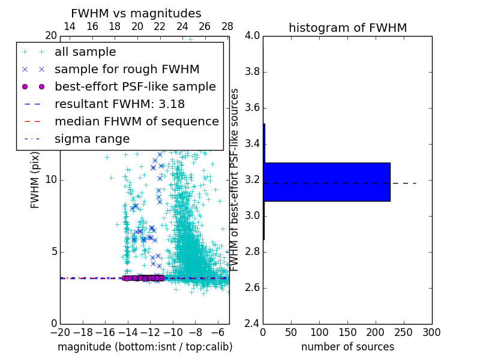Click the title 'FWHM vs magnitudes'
click(x=136, y=14)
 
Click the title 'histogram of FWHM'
click(x=347, y=28)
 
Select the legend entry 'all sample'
click(x=85, y=52)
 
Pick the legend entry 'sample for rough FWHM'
click(x=127, y=70)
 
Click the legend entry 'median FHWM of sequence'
click(x=136, y=122)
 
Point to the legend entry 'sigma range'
click(x=92, y=139)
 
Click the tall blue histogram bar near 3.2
click(x=326, y=182)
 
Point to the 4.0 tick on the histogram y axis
click(x=252, y=36)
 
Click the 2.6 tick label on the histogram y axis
click(x=252, y=287)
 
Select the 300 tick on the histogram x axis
click(x=431, y=332)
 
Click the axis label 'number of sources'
click(x=347, y=347)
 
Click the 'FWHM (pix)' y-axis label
click(x=35, y=179)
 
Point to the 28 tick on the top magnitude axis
click(x=227, y=26)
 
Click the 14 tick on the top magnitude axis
click(x=70, y=26)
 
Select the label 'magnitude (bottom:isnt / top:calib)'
click(x=145, y=347)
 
